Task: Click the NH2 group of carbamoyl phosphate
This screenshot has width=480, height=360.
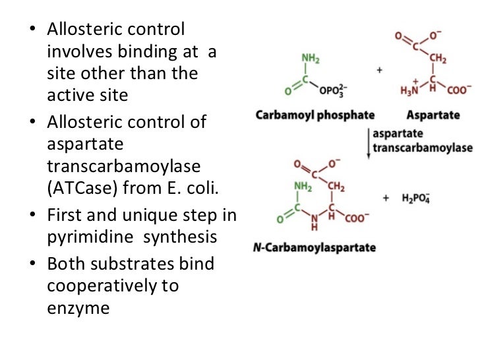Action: (311, 58)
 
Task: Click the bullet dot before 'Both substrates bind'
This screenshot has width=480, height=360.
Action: (36, 263)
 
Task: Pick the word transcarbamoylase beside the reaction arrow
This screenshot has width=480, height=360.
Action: (423, 148)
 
